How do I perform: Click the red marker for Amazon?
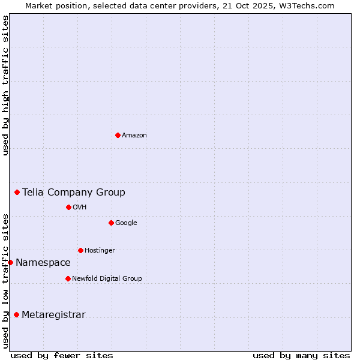pos(118,135)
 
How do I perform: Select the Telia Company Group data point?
pos(17,192)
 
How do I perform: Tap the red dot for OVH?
pos(68,207)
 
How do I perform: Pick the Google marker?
pos(111,223)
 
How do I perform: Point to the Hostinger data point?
pos(80,250)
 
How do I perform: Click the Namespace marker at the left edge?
pos(10,262)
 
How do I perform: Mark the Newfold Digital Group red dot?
pos(68,278)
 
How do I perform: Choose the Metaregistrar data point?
pos(16,314)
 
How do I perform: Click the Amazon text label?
pos(134,136)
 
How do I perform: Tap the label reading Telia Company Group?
pos(74,192)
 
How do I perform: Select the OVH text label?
pos(80,208)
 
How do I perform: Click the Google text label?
pos(126,223)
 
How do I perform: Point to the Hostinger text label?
pos(100,251)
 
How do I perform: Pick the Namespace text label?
pos(43,262)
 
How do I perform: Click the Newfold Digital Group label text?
pos(107,278)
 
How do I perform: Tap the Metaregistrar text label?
pos(53,314)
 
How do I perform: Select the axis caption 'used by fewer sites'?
pos(62,355)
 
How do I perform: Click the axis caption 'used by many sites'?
pos(301,355)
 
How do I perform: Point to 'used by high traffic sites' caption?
pos(5,85)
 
